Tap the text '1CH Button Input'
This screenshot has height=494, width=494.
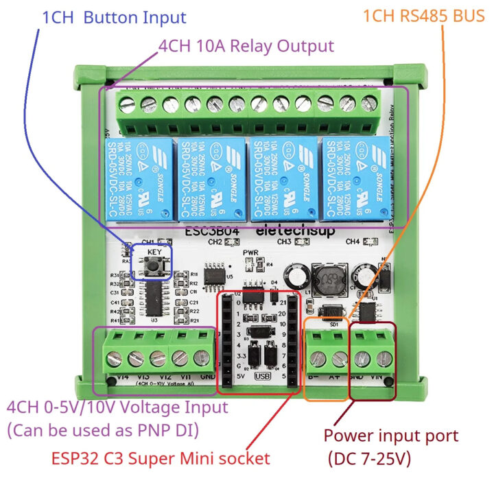coord(114,18)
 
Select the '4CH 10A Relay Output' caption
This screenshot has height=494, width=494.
coord(246,46)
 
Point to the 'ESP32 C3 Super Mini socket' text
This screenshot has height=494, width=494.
coord(161,458)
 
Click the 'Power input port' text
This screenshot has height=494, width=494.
coord(390,435)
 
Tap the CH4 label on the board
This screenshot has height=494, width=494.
coord(353,242)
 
